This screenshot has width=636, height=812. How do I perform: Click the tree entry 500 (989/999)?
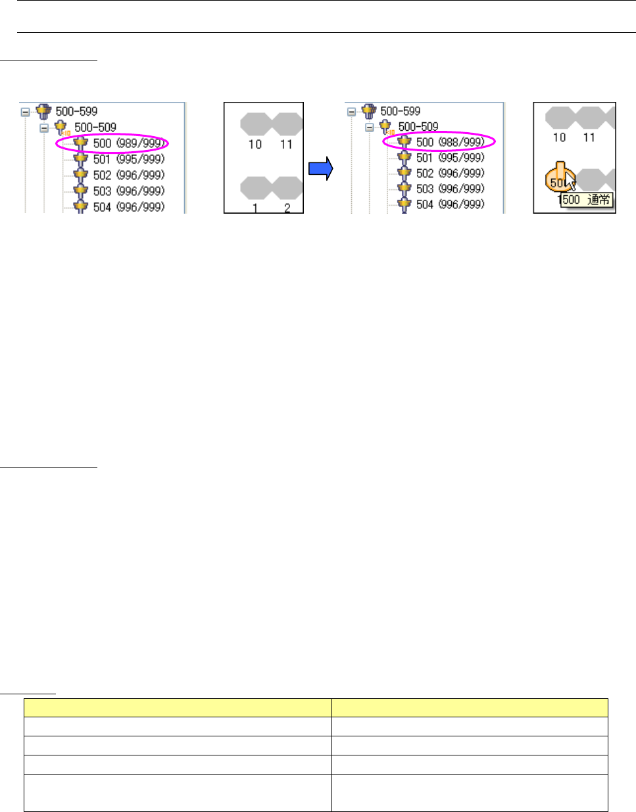(128, 143)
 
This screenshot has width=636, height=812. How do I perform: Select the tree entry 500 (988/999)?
(450, 142)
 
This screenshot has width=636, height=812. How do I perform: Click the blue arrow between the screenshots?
(321, 169)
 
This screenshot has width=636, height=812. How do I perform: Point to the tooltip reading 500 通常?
(587, 200)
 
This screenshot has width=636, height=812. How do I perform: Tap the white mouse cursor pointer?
(570, 185)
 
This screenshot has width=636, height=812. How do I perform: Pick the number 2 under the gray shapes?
(287, 208)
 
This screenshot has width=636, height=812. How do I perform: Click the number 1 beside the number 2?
(255, 208)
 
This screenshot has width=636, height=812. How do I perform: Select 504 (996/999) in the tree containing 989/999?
(128, 206)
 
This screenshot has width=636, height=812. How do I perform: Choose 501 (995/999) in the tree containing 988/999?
(450, 158)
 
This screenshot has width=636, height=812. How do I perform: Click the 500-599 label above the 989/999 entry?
(76, 112)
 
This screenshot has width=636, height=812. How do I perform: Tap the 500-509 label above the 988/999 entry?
(418, 126)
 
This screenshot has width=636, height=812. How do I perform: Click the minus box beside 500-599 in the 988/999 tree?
(351, 112)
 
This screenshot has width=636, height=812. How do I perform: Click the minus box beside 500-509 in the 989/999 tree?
(44, 128)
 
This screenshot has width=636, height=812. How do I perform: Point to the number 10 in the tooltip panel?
(559, 137)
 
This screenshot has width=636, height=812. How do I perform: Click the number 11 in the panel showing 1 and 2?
(286, 144)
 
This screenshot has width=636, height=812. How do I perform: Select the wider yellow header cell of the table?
(178, 707)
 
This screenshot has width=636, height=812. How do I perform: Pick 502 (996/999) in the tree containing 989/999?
(128, 175)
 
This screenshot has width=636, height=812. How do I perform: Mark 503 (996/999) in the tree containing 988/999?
(450, 189)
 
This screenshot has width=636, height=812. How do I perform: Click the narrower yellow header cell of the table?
(470, 707)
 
